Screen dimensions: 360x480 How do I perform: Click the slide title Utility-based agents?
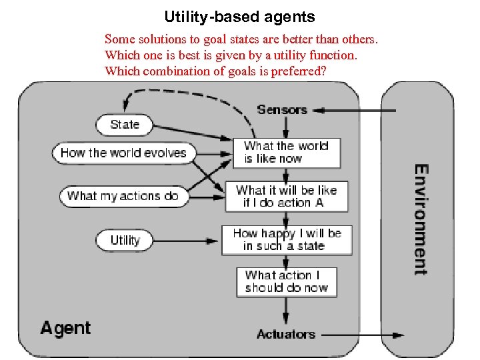pyautogui.click(x=239, y=17)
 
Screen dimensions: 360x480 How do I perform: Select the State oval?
pyautogui.click(x=125, y=125)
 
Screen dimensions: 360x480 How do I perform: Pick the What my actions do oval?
pyautogui.click(x=123, y=196)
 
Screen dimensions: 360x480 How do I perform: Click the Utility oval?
pyautogui.click(x=125, y=240)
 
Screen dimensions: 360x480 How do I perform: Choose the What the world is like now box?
pyautogui.click(x=286, y=153)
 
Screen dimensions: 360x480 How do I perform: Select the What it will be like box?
pyautogui.click(x=286, y=196)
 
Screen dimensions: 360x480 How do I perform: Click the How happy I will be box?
pyautogui.click(x=287, y=240)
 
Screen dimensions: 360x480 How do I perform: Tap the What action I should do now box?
pyautogui.click(x=286, y=281)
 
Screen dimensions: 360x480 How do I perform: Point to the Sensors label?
pyautogui.click(x=281, y=109)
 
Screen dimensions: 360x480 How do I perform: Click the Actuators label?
pyautogui.click(x=285, y=334)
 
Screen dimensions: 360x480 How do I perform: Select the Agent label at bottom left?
pyautogui.click(x=65, y=328)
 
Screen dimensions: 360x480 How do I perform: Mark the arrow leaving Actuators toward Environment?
pyautogui.click(x=360, y=335)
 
